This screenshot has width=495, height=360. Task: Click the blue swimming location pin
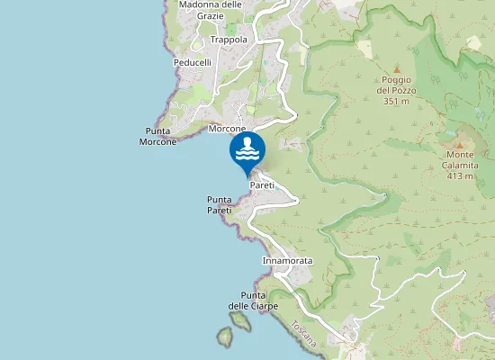247,152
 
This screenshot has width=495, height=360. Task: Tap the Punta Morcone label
158,136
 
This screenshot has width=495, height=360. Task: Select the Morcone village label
227,129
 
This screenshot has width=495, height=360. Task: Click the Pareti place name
262,184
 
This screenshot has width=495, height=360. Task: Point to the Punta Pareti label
219,204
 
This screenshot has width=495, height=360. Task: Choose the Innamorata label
287,261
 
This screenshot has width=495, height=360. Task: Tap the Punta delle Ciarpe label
253,301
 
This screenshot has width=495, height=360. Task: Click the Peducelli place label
192,63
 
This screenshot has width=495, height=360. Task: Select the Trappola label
228,40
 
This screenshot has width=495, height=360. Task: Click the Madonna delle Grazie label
211,10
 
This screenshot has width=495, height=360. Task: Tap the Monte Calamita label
459,159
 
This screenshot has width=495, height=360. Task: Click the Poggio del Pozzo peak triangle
396,68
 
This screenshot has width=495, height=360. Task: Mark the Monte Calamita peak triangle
459,144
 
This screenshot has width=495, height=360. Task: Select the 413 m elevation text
459,175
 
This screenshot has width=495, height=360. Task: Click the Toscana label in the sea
303,334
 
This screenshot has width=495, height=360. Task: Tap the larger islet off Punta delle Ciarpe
224,337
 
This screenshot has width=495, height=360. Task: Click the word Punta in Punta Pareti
219,199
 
